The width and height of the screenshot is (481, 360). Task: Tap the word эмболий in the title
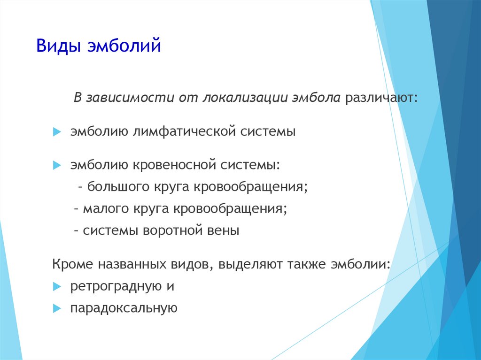tap(124, 46)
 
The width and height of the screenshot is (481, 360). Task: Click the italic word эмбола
tap(316, 98)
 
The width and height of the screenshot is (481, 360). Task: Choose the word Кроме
tap(72, 264)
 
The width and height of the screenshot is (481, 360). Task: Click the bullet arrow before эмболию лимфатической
tap(57, 132)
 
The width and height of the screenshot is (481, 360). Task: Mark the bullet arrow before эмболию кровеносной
tap(57, 165)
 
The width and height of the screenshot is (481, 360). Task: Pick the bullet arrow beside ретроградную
tap(57, 287)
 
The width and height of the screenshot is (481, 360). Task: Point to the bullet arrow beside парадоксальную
tap(57, 308)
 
